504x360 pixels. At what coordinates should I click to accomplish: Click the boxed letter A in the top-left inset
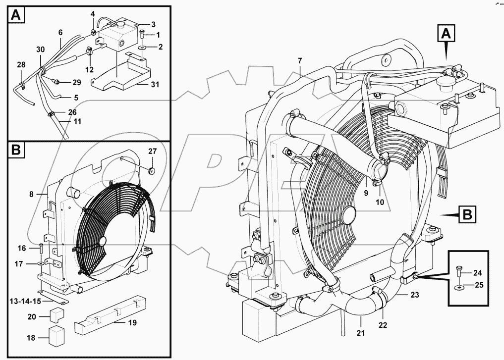pyautogui.click(x=16, y=15)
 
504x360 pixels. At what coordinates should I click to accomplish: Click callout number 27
pyautogui.click(x=152, y=151)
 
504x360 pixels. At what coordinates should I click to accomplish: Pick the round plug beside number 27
pyautogui.click(x=152, y=171)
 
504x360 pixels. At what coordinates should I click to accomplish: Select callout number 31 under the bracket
pyautogui.click(x=155, y=85)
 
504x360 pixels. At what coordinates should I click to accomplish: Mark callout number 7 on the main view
pyautogui.click(x=299, y=60)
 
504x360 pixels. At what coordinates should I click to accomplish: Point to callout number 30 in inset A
pyautogui.click(x=40, y=50)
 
